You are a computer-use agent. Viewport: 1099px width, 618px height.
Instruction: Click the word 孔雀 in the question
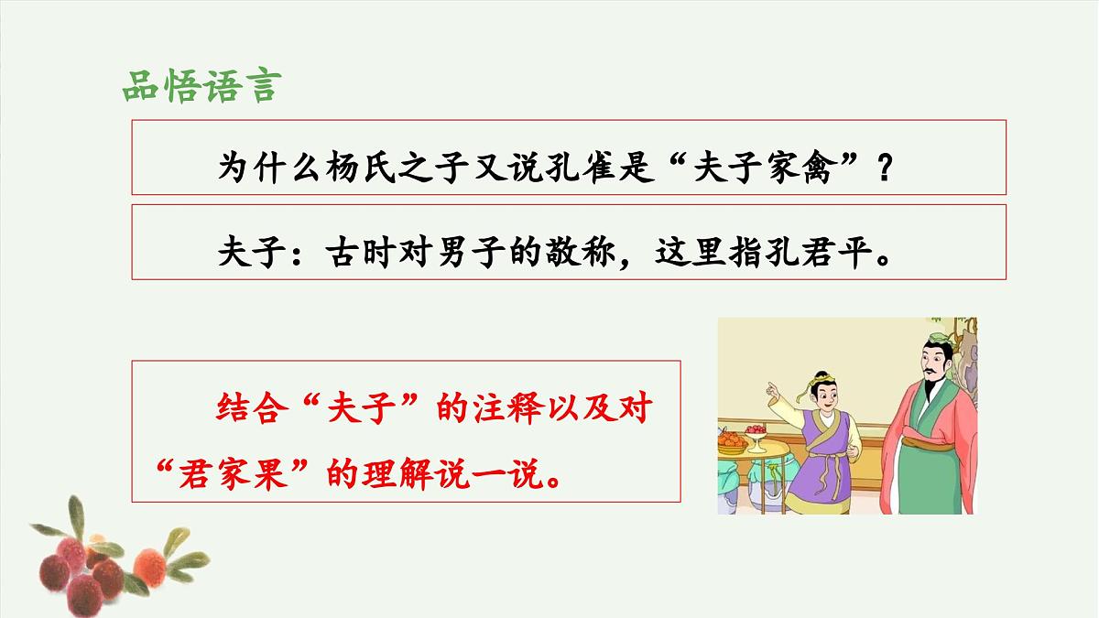(x=574, y=168)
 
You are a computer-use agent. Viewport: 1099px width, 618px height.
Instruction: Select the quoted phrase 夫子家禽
(x=765, y=168)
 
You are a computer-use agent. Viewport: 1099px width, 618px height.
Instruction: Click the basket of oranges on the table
(x=730, y=440)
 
